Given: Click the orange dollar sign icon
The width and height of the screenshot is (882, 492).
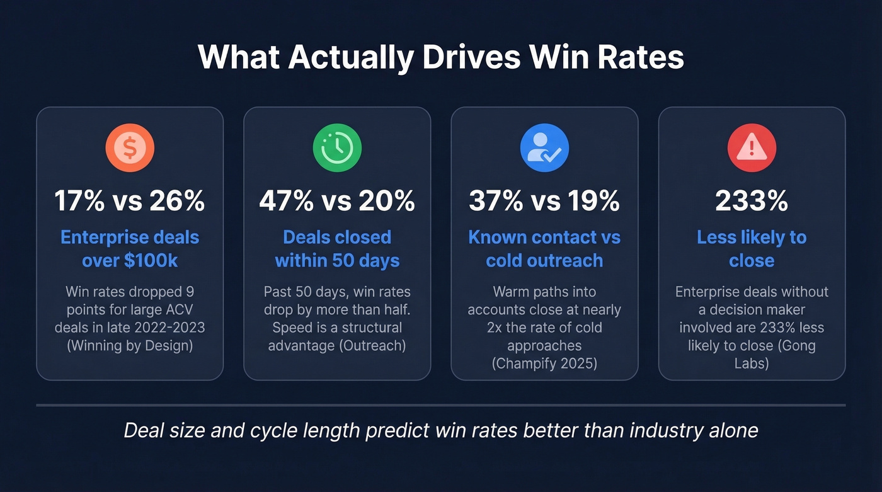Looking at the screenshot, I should pos(130,148).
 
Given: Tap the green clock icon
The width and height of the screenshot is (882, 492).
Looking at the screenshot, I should pos(337,148).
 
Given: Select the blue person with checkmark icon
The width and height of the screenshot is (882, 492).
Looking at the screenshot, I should pos(544,148).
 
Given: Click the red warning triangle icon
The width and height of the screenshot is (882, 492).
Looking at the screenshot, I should pos(752,148).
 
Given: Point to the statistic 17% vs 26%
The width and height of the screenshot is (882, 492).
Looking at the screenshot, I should pos(130,200).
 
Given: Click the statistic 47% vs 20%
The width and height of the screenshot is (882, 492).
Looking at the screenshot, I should pos(337,200).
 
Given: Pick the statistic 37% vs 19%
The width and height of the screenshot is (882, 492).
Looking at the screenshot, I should pos(544,200).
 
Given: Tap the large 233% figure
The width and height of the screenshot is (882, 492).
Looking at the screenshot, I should pos(752,200).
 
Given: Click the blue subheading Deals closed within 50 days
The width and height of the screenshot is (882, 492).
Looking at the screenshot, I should pos(337,249).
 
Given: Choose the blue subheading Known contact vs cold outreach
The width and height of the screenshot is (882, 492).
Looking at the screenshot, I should pos(544,249).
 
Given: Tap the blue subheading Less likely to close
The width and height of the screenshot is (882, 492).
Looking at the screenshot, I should pos(752,249).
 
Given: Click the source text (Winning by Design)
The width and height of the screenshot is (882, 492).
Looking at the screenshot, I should pos(130,346).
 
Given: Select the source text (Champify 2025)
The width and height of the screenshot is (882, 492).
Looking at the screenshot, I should pos(544,363).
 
